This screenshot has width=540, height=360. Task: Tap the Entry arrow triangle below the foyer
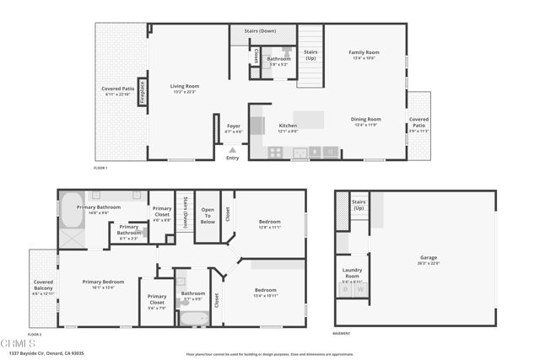[x=233, y=151]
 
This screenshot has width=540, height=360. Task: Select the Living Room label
[x=185, y=86]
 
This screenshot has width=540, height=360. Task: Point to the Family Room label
[x=364, y=53]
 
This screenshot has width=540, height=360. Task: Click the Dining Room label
[x=366, y=120]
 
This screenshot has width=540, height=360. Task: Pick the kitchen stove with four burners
[x=275, y=152]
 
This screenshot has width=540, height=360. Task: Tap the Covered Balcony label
[x=43, y=286]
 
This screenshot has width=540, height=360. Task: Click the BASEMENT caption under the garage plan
[x=342, y=334]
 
